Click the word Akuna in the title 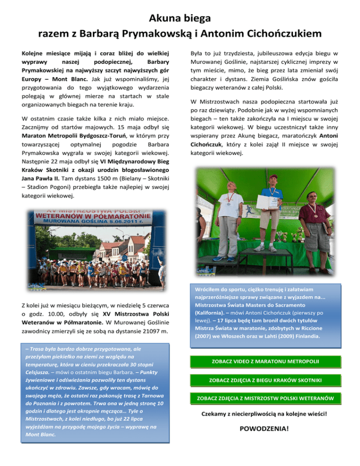coord(162,19)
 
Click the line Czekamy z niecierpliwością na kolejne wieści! coord(263,414)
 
